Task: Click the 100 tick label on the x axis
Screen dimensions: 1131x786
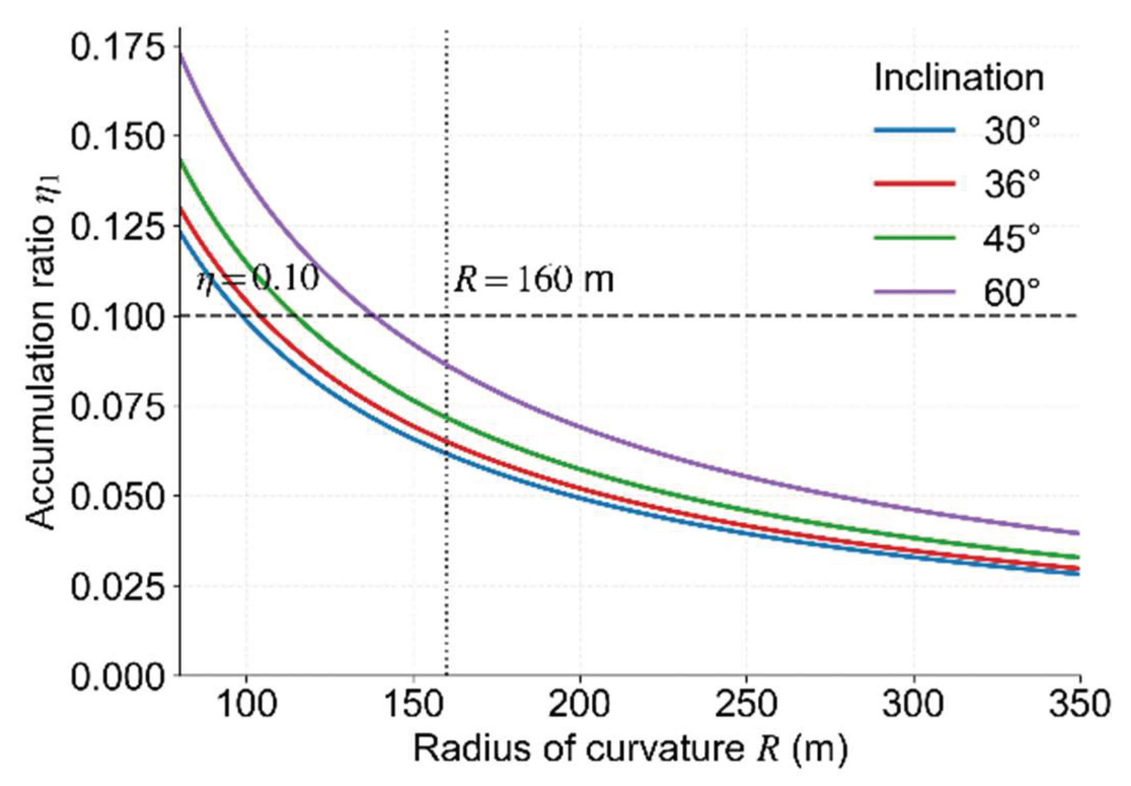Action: (x=246, y=704)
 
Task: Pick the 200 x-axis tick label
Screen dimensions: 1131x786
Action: (x=580, y=704)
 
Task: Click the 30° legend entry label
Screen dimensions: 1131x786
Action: (x=1011, y=131)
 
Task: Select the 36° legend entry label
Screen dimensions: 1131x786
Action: (x=1011, y=184)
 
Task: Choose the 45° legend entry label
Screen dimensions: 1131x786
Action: (x=1011, y=238)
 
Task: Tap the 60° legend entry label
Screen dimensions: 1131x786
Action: (x=1011, y=293)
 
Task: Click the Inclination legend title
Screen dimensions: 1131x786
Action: (x=959, y=78)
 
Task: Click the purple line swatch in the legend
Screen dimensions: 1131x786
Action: (x=914, y=292)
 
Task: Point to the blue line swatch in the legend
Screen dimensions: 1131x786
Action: (x=914, y=130)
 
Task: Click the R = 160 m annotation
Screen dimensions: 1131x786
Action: (x=534, y=279)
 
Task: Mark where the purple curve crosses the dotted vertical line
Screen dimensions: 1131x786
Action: (x=447, y=365)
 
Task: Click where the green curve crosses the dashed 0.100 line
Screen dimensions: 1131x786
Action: (x=296, y=315)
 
